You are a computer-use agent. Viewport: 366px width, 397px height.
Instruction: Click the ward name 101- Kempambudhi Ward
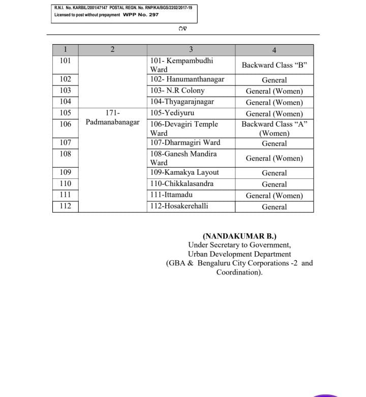(x=181, y=65)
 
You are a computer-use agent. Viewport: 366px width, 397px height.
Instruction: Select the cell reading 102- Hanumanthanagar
(x=187, y=79)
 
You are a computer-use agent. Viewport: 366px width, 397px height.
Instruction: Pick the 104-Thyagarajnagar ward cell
(x=182, y=102)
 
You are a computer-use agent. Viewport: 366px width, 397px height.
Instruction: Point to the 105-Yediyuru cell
(x=172, y=113)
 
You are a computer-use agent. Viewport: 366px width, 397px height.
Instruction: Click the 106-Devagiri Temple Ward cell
(x=184, y=129)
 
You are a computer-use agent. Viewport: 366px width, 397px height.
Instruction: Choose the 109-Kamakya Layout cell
(x=185, y=172)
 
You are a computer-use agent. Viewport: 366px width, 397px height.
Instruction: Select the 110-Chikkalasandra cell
(x=182, y=184)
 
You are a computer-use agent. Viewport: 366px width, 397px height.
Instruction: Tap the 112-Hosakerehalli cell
(x=179, y=206)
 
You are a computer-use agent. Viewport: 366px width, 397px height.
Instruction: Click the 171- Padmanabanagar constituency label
(x=112, y=117)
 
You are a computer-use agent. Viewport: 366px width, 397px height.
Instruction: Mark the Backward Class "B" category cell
(x=274, y=65)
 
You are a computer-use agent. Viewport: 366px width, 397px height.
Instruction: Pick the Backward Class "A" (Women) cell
(x=274, y=129)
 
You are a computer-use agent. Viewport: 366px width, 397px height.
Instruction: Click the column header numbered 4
(x=274, y=50)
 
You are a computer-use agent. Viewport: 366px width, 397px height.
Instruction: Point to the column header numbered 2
(x=112, y=49)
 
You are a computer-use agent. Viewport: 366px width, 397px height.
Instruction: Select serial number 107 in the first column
(x=65, y=143)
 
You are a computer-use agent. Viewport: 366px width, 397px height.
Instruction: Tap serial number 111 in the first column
(x=65, y=195)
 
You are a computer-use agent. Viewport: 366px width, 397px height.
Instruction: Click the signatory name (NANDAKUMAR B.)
(x=239, y=236)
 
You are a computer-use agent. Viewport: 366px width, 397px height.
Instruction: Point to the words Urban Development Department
(x=239, y=254)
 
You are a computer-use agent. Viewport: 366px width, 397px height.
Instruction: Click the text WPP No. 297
(x=141, y=15)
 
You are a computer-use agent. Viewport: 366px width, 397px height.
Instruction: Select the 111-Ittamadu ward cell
(x=171, y=195)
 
